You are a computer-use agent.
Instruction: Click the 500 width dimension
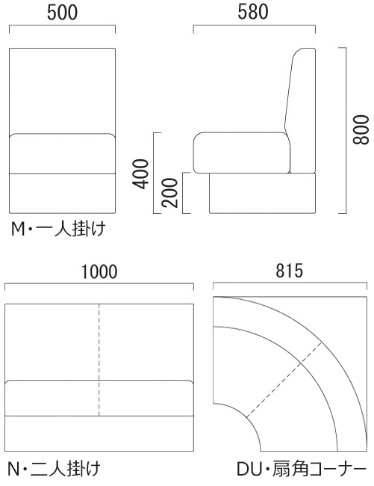pos(62,13)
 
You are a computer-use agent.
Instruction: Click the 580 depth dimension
pos(253,12)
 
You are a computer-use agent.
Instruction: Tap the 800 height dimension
pos(361,129)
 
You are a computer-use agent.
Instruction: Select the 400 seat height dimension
pos(140,173)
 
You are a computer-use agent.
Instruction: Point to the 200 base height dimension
pos(170,192)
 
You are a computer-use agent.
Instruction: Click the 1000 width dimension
pos(99,272)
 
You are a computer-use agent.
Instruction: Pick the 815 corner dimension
pos(289,271)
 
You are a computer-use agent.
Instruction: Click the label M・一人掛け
pos(58,230)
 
